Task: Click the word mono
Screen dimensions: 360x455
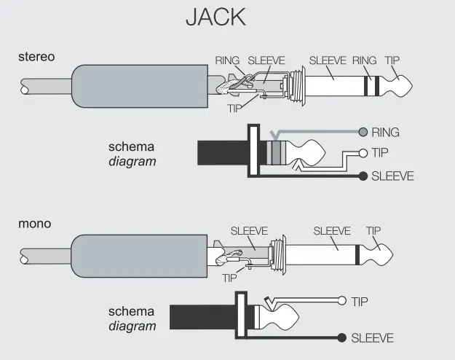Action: (x=34, y=223)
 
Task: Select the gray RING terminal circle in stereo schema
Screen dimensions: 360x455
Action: (x=363, y=133)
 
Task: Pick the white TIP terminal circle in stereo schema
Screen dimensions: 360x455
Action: (x=363, y=153)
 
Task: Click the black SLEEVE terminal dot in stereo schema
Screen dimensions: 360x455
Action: (x=363, y=176)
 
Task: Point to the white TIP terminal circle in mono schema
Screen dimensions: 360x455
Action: (x=342, y=301)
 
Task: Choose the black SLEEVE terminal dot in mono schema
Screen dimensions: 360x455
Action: (x=342, y=337)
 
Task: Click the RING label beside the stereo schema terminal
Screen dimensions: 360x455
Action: (x=386, y=133)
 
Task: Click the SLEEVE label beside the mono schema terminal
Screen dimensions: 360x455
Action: (x=372, y=338)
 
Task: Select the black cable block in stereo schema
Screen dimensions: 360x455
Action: (x=222, y=153)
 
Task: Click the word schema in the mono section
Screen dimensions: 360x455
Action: (x=131, y=310)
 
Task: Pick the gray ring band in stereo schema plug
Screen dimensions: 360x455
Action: (x=275, y=153)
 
